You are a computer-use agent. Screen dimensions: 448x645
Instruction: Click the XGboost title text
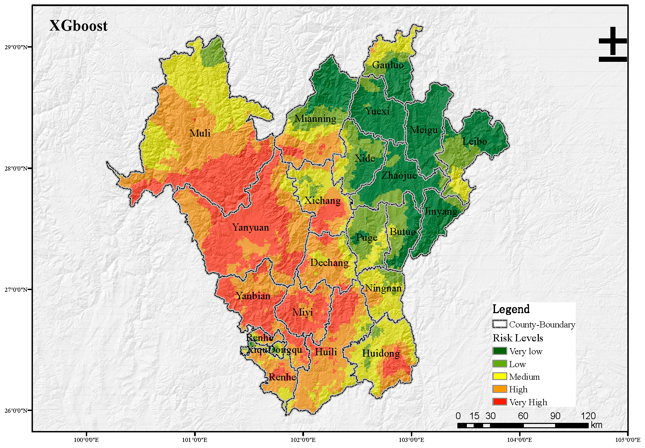(x=78, y=26)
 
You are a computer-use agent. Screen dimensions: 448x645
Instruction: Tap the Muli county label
(x=200, y=133)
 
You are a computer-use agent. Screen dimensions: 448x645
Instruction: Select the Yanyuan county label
(x=250, y=227)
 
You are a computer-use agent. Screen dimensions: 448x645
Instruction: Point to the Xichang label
(x=322, y=200)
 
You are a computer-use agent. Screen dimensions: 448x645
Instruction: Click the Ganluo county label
(x=388, y=65)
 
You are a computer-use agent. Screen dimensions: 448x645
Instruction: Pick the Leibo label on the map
(x=475, y=141)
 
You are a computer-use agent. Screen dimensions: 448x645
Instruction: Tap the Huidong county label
(x=381, y=353)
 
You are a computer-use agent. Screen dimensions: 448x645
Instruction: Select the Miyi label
(x=303, y=312)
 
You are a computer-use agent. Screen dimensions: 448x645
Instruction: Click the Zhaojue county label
(x=399, y=175)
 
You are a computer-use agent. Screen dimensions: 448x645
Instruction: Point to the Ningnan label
(x=383, y=288)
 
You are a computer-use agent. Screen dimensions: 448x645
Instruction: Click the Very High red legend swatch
(x=499, y=402)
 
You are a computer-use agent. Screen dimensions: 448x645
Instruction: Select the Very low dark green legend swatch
(x=499, y=351)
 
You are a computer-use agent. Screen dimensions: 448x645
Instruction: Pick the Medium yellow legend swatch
(x=499, y=376)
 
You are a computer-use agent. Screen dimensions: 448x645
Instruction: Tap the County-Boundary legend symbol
(x=499, y=324)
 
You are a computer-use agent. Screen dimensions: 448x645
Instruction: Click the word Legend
(x=511, y=309)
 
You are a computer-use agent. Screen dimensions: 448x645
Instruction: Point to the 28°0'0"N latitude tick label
(x=16, y=168)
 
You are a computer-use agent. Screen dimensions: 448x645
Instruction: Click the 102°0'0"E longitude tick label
(x=303, y=440)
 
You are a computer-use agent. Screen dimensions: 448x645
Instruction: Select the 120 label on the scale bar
(x=588, y=416)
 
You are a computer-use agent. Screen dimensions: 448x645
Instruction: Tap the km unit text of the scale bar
(x=596, y=425)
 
